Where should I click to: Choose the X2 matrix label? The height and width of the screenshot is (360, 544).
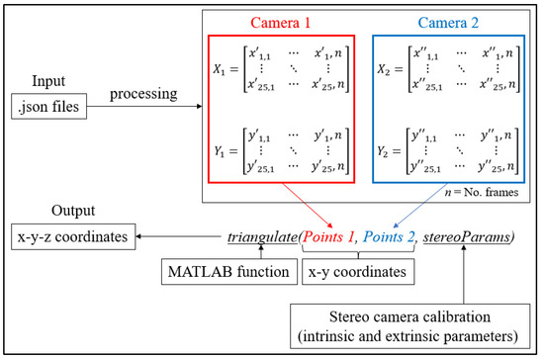(x=385, y=72)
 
